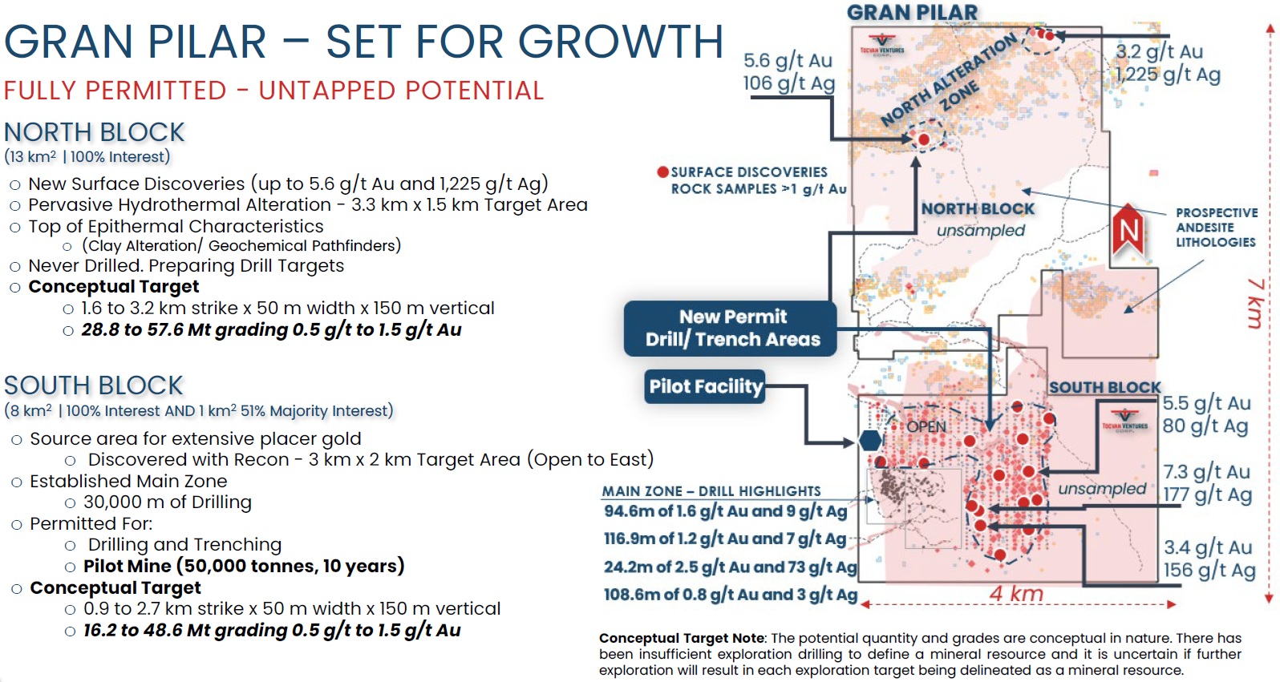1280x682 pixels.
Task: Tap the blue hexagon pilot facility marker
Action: (x=870, y=441)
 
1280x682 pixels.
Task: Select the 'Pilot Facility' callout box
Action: (x=705, y=387)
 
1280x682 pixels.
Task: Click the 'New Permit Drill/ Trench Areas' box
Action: (x=731, y=329)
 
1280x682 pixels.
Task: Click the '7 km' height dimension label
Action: (x=1255, y=303)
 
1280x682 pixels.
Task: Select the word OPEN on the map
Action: (x=926, y=426)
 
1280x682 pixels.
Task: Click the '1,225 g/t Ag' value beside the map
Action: (x=1168, y=75)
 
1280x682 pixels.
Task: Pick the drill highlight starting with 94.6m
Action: (x=725, y=510)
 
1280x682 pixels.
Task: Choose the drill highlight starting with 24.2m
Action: (x=731, y=567)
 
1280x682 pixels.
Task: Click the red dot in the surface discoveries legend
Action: (x=662, y=172)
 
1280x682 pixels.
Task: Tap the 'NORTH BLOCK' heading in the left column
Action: (x=95, y=132)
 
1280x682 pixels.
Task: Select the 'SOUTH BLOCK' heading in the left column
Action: (x=94, y=385)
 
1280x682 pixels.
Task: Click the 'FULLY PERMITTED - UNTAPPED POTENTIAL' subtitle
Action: (x=274, y=91)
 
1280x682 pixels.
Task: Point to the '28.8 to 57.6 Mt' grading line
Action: (x=271, y=329)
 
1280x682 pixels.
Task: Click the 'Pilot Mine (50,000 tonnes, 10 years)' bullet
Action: (x=244, y=566)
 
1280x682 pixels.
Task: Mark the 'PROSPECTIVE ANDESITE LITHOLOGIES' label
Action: (x=1217, y=228)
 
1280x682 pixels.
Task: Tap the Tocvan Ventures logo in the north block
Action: (x=882, y=45)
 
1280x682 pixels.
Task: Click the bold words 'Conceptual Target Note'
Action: (x=682, y=638)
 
